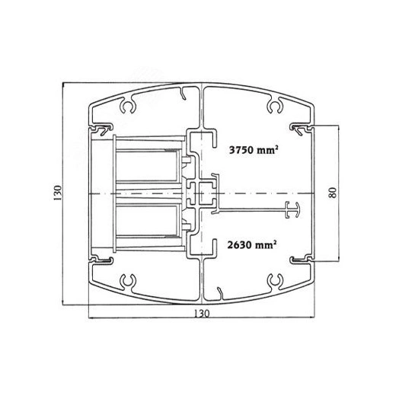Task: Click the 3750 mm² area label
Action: [x=254, y=150]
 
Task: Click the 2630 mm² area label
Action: [x=252, y=244]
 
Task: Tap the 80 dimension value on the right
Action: [x=333, y=193]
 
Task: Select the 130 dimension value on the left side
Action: [x=58, y=193]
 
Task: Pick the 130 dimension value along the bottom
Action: [x=202, y=313]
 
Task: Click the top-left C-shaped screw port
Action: [x=128, y=106]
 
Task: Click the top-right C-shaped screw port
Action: [x=275, y=106]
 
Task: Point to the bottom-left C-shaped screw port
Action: [x=128, y=281]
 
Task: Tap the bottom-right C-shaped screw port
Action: [x=275, y=281]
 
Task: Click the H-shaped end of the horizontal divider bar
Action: [x=292, y=209]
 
